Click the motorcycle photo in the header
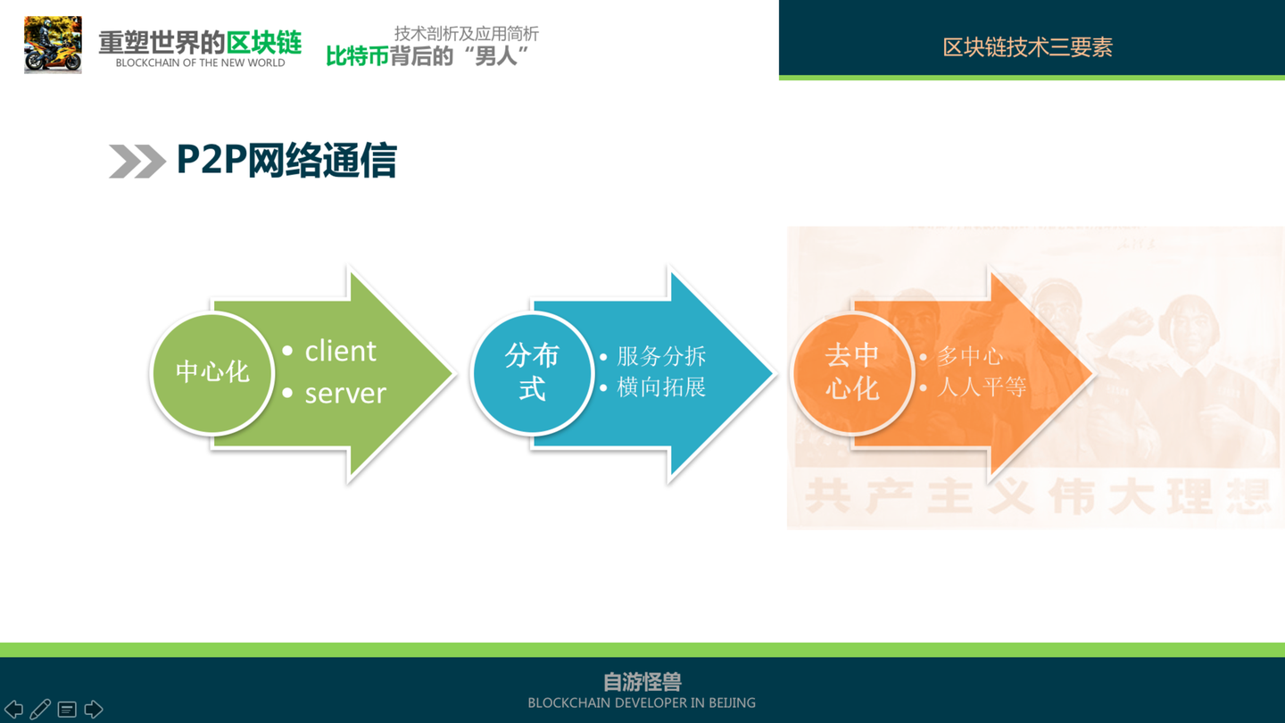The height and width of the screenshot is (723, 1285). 53,45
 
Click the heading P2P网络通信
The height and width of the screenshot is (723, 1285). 286,161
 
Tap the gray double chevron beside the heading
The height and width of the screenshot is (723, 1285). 137,162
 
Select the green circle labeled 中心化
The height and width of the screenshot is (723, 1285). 211,372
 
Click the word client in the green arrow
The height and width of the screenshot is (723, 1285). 340,351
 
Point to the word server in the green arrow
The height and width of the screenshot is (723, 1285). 345,393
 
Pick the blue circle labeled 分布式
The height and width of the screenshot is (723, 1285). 532,372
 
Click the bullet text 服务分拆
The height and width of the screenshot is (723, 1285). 661,356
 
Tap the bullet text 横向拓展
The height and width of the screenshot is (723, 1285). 661,387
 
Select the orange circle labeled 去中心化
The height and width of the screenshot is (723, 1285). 852,372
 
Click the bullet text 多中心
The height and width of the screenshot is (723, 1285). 970,356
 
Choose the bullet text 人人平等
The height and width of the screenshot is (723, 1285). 981,387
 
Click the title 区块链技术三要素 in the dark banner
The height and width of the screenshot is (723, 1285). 1027,47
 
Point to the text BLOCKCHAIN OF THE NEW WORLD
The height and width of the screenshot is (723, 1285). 200,63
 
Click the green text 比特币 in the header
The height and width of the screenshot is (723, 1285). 357,56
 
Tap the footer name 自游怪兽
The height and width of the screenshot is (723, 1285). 642,682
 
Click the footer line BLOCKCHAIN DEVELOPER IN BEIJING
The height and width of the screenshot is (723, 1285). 642,703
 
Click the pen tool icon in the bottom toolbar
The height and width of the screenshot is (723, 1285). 40,710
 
